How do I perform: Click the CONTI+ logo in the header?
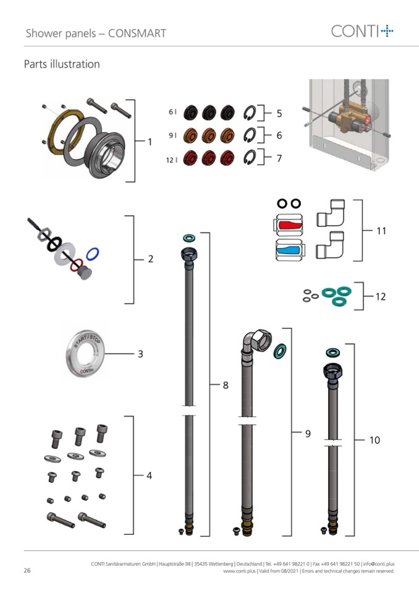coord(362,31)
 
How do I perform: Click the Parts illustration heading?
coord(62,64)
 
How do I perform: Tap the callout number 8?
coord(226,385)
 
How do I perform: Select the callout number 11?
coord(381,231)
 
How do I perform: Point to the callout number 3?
coord(140,354)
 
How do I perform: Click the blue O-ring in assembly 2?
coord(93,254)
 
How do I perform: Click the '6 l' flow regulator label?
coord(172,112)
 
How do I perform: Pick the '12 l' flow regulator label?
coord(172,160)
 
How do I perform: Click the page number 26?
coord(28,570)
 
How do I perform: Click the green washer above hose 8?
coord(188,237)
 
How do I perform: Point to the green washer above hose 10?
coord(332,352)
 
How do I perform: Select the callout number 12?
coord(381,297)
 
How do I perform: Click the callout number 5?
coord(279,114)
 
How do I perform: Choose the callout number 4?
coord(149,476)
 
